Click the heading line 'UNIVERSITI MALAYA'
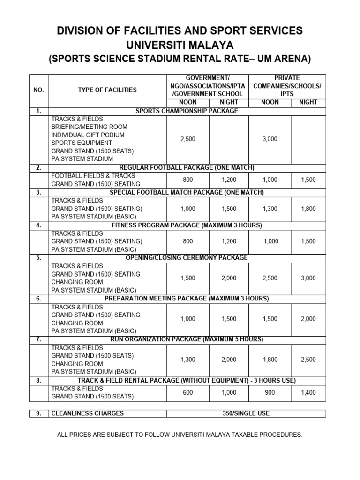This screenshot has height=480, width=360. (x=180, y=45)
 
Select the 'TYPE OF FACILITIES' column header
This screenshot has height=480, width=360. (x=107, y=90)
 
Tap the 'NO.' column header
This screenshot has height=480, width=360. (x=38, y=90)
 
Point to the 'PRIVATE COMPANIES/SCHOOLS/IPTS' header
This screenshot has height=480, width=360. (x=287, y=86)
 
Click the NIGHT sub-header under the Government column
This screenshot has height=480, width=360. (x=229, y=102)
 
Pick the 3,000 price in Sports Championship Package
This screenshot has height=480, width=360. (x=270, y=139)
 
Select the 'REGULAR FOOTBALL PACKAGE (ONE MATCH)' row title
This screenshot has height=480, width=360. (x=186, y=168)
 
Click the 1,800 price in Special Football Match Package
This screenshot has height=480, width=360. (x=308, y=209)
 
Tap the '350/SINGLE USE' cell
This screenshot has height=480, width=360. (x=246, y=413)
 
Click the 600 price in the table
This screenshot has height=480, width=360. (x=188, y=392)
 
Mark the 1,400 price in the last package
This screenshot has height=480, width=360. (x=308, y=392)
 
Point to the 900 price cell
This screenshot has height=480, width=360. (x=270, y=392)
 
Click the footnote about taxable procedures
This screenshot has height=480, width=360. (x=180, y=435)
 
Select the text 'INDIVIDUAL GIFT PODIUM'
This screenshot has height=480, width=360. (x=88, y=135)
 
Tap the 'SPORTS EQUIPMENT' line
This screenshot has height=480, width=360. (x=82, y=143)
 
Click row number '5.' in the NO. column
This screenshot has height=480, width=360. (x=38, y=258)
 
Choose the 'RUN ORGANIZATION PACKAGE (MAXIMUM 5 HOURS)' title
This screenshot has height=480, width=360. (x=186, y=339)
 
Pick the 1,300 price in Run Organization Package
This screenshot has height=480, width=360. (x=188, y=360)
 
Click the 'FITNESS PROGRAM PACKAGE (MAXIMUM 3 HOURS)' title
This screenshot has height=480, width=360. (x=186, y=225)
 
